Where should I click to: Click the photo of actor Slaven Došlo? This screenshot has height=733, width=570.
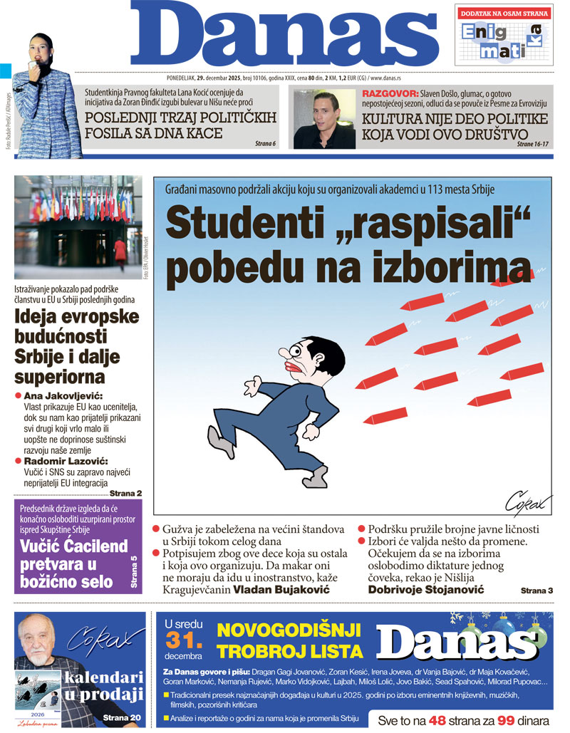pos(324,118)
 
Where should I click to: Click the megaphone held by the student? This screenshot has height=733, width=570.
pos(32,68)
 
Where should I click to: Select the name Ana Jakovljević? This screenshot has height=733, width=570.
pos(64,395)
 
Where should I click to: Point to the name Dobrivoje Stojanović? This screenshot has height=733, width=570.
pos(425,590)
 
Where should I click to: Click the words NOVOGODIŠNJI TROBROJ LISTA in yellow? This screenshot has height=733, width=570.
pos(289,640)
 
